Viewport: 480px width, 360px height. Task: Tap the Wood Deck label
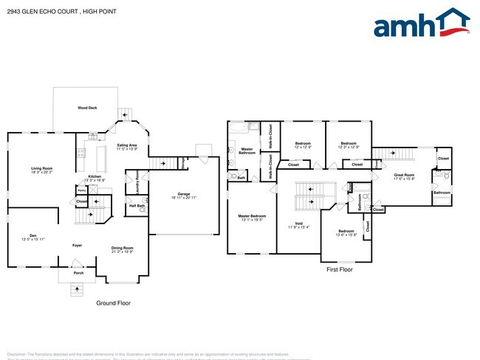(x=87, y=108)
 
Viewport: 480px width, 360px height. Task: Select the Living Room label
(x=41, y=170)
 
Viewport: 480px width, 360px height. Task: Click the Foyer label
(x=77, y=244)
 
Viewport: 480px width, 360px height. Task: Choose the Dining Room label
(x=123, y=249)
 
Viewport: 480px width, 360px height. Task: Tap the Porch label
(x=78, y=272)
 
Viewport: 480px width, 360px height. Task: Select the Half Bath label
(x=137, y=206)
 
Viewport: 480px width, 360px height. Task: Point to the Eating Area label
(x=127, y=146)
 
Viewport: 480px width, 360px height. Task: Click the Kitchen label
(x=95, y=177)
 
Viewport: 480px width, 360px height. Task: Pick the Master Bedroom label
(x=253, y=216)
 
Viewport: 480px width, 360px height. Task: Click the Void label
(x=298, y=224)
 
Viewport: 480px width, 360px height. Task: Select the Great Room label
(x=404, y=176)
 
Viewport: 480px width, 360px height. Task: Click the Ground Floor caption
(x=114, y=303)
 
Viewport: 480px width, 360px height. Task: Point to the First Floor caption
(x=340, y=270)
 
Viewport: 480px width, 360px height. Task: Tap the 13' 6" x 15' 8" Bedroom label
(x=346, y=232)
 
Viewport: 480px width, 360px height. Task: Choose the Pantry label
(x=81, y=190)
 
